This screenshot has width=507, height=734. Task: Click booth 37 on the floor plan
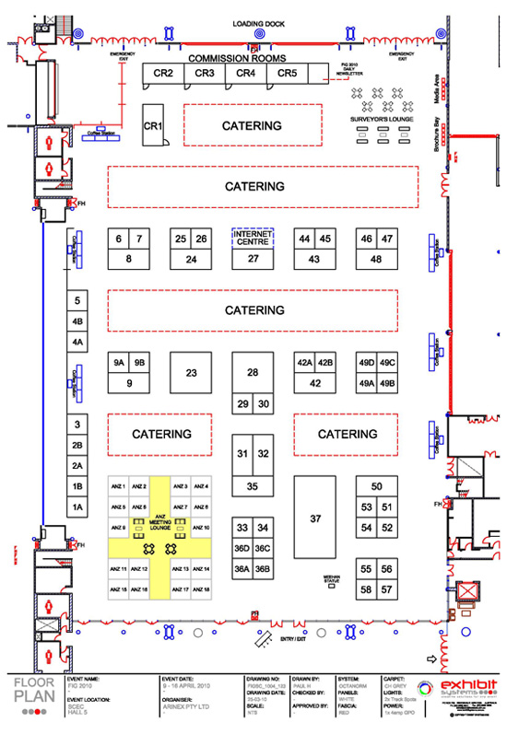[316, 519]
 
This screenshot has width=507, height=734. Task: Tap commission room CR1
[153, 125]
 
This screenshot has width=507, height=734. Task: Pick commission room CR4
[245, 74]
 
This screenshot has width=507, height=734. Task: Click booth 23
[192, 373]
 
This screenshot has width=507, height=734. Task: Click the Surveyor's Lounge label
[381, 120]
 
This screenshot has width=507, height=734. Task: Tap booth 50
[376, 486]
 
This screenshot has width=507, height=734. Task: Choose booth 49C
[388, 362]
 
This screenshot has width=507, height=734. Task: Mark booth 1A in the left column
[78, 507]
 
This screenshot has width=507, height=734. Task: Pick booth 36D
[242, 549]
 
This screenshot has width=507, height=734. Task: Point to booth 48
[376, 260]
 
